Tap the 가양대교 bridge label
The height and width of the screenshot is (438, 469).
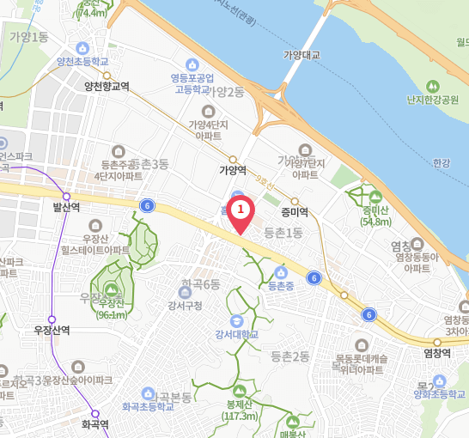coord(301,55)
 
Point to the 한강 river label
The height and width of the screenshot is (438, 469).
coord(442,162)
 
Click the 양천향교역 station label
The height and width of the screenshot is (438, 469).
coord(107,86)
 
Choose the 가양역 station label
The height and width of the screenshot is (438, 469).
coord(233,170)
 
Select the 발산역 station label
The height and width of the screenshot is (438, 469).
coord(66,207)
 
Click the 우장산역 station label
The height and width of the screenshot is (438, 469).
coord(52,330)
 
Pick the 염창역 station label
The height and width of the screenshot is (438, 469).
coord(437,352)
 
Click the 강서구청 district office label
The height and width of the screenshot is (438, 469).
coord(185,306)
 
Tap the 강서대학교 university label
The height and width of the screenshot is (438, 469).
coord(237,333)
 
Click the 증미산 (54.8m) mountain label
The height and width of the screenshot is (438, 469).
coord(376,216)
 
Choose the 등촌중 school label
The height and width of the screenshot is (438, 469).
coord(281,285)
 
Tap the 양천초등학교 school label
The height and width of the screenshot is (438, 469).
coord(82,62)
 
